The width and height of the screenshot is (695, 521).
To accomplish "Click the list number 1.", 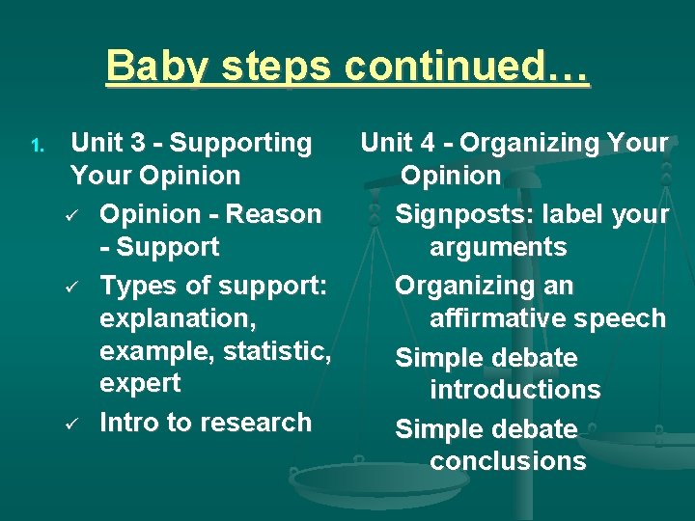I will [x=36, y=146].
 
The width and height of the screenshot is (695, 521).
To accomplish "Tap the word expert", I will [x=139, y=383].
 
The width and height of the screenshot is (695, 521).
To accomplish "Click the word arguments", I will [x=498, y=247].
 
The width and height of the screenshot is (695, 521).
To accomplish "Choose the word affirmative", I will [x=512, y=318].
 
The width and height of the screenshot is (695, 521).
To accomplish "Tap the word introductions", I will [x=514, y=390].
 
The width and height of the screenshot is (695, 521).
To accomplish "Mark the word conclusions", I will [x=508, y=461].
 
